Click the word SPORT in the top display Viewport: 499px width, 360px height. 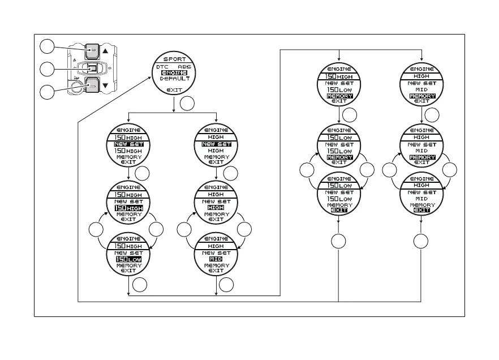click(174, 59)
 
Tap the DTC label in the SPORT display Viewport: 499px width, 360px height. click(162, 66)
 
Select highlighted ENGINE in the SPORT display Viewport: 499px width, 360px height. click(174, 72)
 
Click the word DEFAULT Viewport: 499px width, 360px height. click(174, 79)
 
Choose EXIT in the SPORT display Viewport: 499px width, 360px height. click(174, 89)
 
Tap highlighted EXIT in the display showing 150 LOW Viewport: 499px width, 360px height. click(338, 210)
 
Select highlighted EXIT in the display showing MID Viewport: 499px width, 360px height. click(421, 210)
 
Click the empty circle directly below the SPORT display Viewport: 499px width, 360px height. click(188, 104)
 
